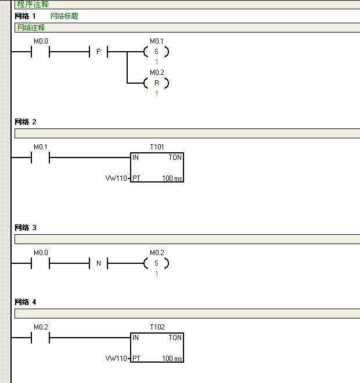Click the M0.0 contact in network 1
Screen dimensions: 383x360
40,52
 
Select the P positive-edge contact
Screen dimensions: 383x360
98,52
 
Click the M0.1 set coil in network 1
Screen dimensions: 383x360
156,52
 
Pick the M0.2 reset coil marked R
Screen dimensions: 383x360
156,83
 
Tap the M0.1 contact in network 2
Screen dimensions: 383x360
40,157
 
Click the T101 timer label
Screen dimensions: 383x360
157,146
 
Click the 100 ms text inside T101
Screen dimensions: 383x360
172,178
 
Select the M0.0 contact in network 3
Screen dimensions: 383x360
40,263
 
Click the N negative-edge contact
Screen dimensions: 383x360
98,263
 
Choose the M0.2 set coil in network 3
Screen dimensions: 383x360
156,263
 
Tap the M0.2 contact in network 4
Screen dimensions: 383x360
40,337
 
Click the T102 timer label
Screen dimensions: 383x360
157,327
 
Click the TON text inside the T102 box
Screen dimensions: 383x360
175,338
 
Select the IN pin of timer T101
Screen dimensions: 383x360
136,158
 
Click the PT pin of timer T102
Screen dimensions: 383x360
136,359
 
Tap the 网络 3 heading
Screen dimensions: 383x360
26,228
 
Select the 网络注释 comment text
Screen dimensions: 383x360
31,27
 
